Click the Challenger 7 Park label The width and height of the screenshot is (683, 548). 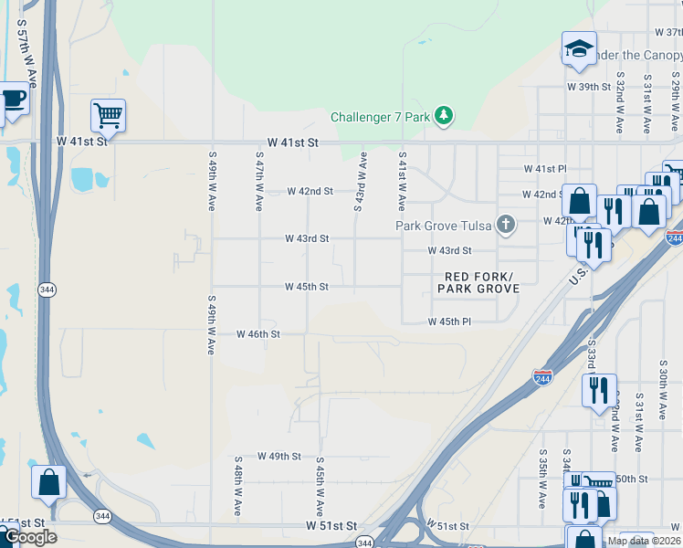pos(380,117)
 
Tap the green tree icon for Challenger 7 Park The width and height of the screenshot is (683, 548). pos(444,115)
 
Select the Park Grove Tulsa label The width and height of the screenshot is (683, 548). pos(444,226)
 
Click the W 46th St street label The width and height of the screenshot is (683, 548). pos(257,334)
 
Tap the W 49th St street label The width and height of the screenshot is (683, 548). pos(278,456)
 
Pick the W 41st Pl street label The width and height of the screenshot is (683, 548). pos(544,169)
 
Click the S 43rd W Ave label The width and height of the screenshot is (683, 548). pos(361,182)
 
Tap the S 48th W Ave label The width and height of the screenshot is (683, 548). pos(237,486)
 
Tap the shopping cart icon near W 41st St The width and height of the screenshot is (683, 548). pos(108,115)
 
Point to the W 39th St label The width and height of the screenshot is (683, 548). pos(588,87)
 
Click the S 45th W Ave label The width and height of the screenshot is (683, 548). pos(320,486)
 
